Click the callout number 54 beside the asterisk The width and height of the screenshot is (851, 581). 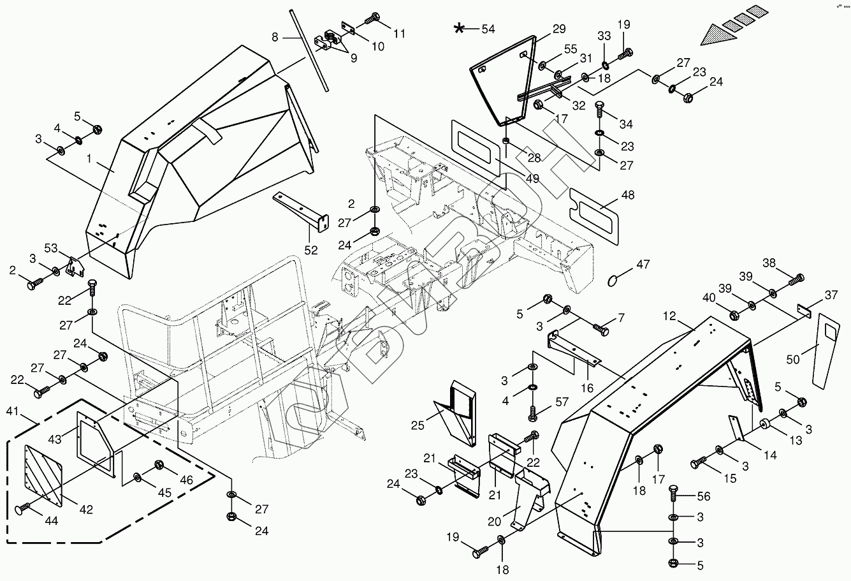tap(488, 29)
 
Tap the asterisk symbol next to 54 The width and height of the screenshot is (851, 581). tap(459, 28)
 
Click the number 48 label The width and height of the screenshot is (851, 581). tap(627, 195)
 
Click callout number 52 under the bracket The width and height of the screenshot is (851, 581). tap(310, 251)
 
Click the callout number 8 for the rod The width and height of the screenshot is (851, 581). tap(275, 37)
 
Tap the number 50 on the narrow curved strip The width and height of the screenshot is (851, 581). tap(792, 360)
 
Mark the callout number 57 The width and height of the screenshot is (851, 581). tap(561, 402)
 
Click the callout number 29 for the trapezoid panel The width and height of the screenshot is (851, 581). tap(558, 29)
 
